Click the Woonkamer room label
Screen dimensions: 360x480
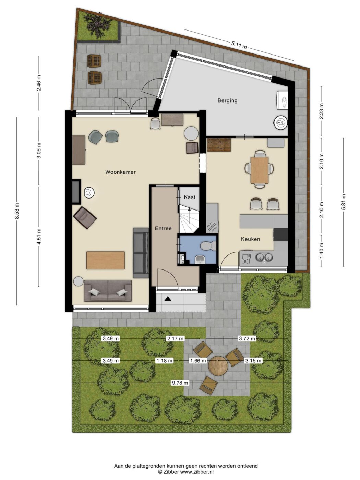(120, 172)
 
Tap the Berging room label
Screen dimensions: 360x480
(227, 100)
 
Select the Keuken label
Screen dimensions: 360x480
(251, 239)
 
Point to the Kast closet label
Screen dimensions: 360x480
(190, 197)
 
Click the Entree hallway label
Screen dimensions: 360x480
(163, 228)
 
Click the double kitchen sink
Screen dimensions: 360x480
(264, 257)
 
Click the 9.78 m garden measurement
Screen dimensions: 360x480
(180, 383)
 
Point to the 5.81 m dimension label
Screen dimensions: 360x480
(344, 202)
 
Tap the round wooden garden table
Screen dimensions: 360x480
(218, 366)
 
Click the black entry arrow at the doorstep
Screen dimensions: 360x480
(168, 298)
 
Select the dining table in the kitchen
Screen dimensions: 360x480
(260, 170)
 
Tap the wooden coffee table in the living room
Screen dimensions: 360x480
(106, 260)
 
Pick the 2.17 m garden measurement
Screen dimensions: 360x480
(175, 338)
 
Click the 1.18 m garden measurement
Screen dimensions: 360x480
(164, 360)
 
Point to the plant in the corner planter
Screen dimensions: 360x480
(98, 25)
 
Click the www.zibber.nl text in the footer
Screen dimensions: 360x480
(197, 472)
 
